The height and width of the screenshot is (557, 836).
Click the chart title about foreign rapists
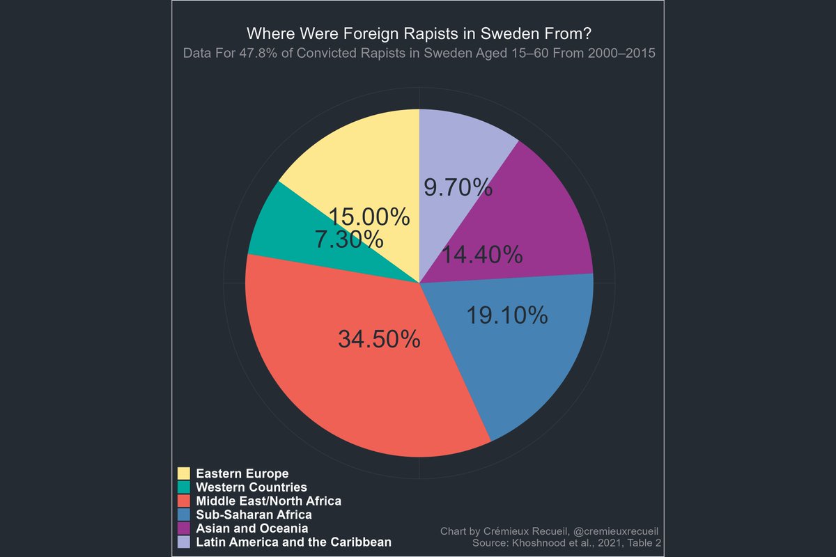tap(419, 33)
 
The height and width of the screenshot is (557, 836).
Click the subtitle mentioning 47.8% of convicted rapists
tap(419, 54)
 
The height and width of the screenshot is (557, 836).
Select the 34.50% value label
tap(379, 339)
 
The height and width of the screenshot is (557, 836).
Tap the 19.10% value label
tap(506, 316)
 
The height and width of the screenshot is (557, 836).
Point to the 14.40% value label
tap(481, 256)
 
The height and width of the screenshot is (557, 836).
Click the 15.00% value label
tap(369, 217)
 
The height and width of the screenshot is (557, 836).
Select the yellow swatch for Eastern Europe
tap(185, 473)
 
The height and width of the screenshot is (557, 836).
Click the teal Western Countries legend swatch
tap(185, 487)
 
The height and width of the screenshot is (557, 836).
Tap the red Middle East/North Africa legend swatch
tap(185, 501)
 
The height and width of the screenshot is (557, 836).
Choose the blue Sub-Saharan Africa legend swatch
tap(185, 515)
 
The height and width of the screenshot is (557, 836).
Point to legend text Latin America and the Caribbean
tap(293, 542)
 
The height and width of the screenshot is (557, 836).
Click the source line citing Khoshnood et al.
tap(566, 542)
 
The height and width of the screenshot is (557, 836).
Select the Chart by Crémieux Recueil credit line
tap(550, 531)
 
